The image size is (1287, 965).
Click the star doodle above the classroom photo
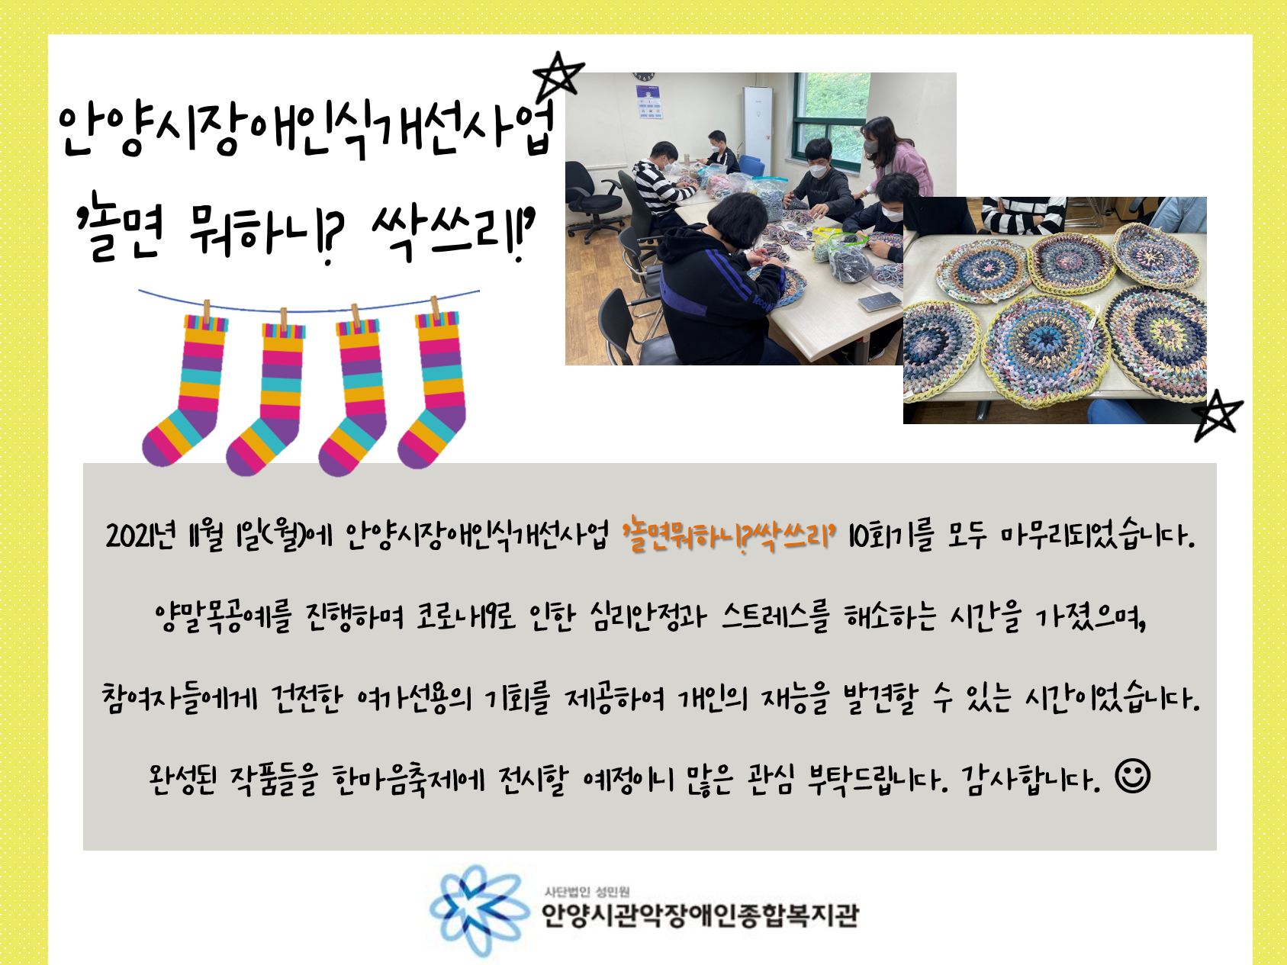(x=558, y=76)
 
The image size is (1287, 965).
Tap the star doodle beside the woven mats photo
(x=1218, y=415)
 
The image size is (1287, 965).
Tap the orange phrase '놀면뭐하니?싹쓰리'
(x=729, y=536)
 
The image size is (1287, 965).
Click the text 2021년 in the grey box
(x=141, y=536)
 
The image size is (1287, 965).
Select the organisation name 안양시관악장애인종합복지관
(x=700, y=915)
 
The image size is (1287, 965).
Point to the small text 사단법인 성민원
(x=587, y=891)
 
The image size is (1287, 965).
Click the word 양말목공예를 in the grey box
(x=223, y=616)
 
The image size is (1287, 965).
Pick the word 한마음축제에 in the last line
(x=408, y=779)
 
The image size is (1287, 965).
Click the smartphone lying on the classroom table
(x=880, y=302)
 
